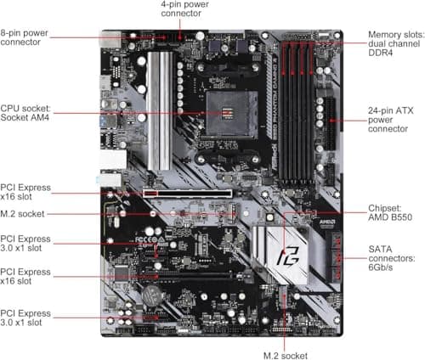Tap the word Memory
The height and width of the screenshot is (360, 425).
pos(385,36)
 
